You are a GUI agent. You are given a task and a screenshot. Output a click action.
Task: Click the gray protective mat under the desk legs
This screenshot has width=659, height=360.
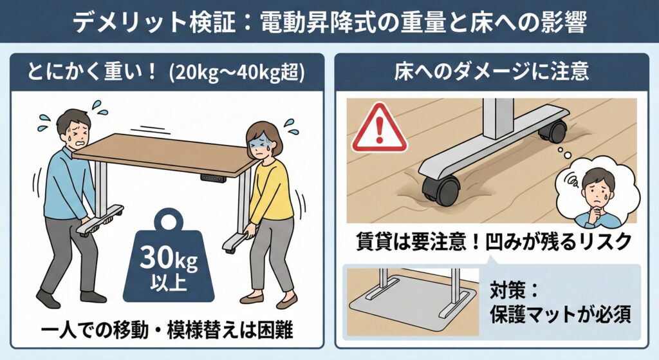tap(413, 303)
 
